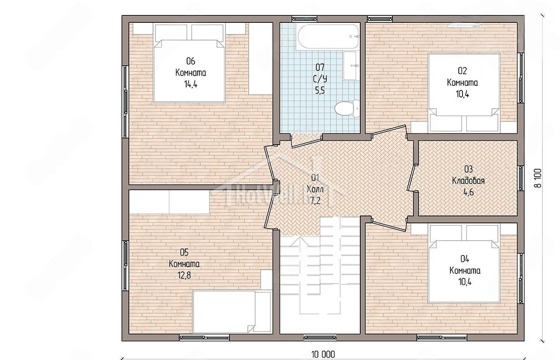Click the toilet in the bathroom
(x=347, y=108)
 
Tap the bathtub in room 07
(x=328, y=36)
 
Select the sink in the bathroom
(x=350, y=65)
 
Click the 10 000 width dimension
(x=323, y=354)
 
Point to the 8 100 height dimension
(x=538, y=178)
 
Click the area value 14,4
(x=191, y=84)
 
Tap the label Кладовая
(x=468, y=180)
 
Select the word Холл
(x=315, y=189)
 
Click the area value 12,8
(x=184, y=275)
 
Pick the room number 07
(x=320, y=67)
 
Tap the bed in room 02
(x=464, y=92)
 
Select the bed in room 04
(x=464, y=264)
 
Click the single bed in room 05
(x=232, y=312)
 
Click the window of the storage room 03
(x=520, y=178)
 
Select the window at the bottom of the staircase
(x=320, y=338)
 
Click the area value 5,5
(x=320, y=90)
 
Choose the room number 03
(x=469, y=169)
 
